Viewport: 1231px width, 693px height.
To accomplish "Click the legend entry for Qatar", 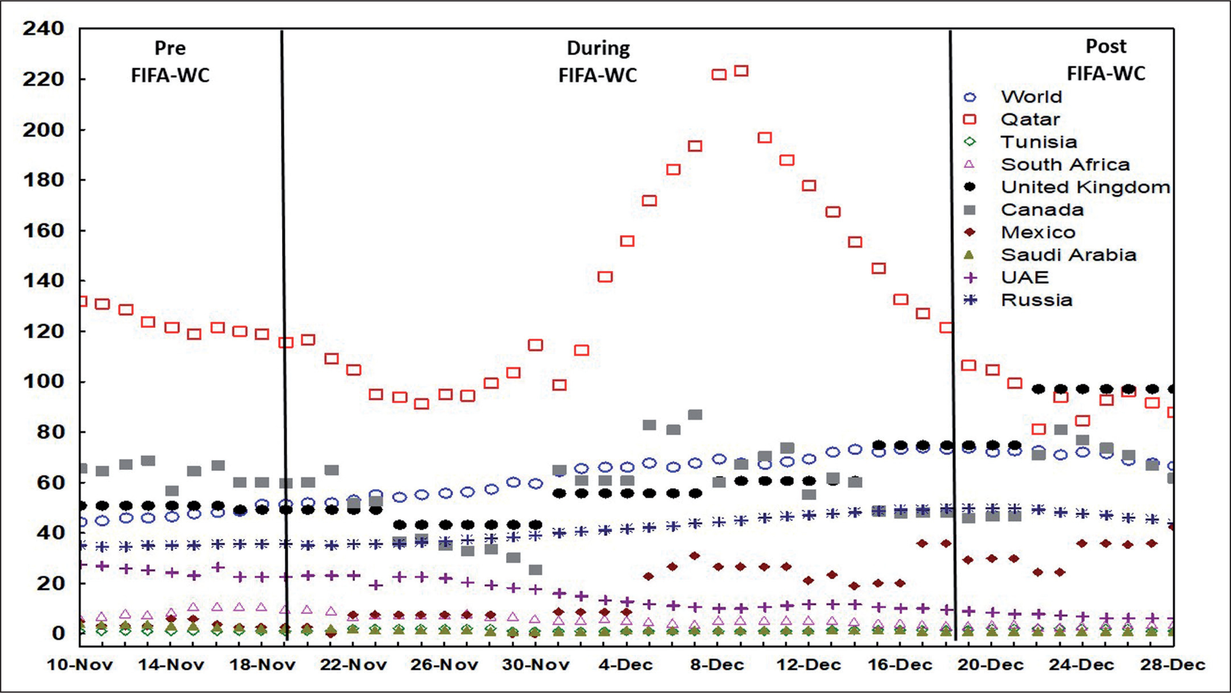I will pos(1030,119).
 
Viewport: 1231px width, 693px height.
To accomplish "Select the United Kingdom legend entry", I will pos(1085,187).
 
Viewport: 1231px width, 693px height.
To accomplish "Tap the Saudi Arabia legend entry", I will pos(1068,255).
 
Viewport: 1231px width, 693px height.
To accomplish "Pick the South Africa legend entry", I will pos(1065,165).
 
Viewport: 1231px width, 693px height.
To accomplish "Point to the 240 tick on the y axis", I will pos(43,29).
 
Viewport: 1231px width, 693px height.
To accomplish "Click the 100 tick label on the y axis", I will pos(43,381).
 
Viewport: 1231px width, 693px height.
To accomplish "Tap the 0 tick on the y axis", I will pos(58,633).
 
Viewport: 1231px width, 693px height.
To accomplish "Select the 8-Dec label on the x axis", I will pos(717,665).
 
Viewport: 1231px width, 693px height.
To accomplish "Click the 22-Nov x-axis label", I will pos(353,665).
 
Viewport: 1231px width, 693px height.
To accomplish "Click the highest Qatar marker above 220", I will pos(741,71).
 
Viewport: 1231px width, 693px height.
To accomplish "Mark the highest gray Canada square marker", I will pos(695,415).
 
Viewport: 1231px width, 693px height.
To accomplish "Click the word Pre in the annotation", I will pos(170,48).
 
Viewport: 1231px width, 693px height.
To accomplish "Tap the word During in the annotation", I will pos(598,48).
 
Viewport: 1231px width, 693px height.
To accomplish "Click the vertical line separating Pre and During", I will pos(284,334).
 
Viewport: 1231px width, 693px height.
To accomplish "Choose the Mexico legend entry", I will pos(1038,233).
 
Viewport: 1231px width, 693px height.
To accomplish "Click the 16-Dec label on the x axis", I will pos(900,665).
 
